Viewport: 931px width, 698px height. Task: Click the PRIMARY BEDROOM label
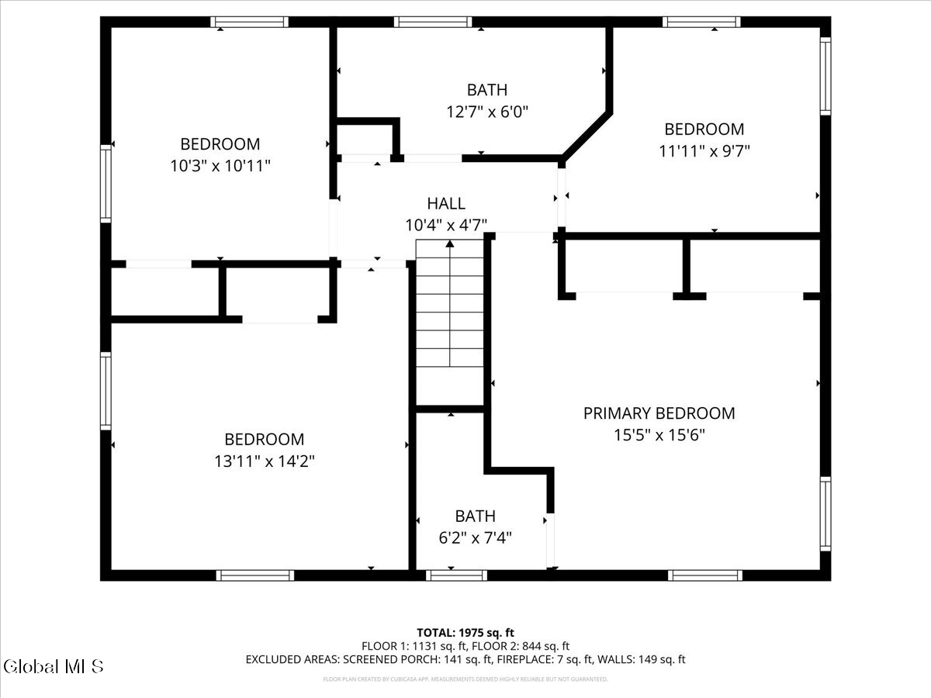pos(659,413)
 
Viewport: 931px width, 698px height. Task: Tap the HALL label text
pos(446,204)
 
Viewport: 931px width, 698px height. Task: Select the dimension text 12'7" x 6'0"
pos(486,111)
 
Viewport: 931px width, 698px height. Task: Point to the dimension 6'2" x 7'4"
pos(475,537)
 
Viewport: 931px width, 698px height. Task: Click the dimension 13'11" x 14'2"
pos(265,461)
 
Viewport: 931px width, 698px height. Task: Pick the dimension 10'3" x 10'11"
pos(220,165)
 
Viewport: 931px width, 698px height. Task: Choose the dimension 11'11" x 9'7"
pos(704,150)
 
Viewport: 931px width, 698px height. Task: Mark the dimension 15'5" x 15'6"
pos(659,435)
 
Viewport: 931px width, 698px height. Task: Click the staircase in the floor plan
pos(450,322)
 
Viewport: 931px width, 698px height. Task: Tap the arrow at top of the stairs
pos(450,246)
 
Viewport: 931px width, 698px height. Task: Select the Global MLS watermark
pos(53,666)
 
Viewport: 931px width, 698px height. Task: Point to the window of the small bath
pos(456,575)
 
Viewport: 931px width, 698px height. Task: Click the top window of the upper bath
pos(433,22)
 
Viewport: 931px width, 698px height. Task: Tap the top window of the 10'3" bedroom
pos(249,22)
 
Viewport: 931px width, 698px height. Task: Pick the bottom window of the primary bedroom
pos(704,575)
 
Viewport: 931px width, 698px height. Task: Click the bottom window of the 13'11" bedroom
pos(254,575)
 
